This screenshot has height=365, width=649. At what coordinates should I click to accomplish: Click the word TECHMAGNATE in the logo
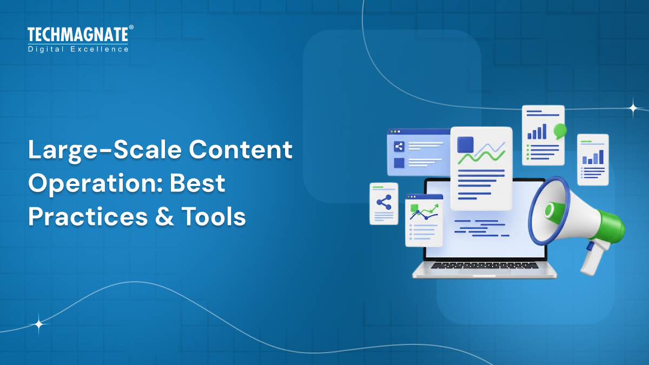coord(77,35)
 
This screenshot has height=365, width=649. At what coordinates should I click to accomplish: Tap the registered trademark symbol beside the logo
coord(131,27)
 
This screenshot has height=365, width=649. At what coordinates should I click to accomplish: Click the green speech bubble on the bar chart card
coord(560,130)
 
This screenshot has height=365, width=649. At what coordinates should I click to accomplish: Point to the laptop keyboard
coord(485,266)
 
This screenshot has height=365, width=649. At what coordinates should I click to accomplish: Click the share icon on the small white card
coord(383,203)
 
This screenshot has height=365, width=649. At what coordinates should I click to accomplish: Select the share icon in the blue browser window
coord(399,146)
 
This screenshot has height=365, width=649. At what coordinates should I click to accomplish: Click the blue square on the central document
coord(465,144)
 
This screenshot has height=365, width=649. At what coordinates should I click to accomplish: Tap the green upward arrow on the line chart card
coord(432,208)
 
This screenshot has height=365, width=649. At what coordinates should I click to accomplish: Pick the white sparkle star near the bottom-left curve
coord(39,324)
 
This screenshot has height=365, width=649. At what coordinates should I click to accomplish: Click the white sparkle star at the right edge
coord(633,108)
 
